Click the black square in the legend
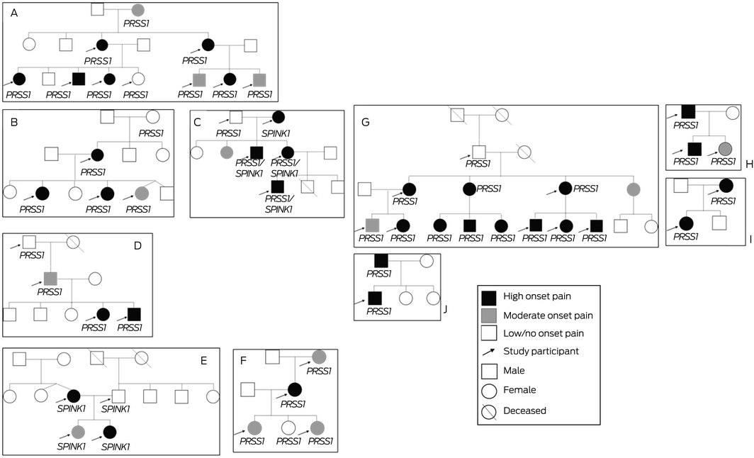tap(489, 296)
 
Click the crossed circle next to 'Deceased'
tap(489, 410)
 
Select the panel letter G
tap(366, 123)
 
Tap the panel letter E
tap(203, 360)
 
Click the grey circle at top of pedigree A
tap(138, 10)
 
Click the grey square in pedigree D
tap(50, 278)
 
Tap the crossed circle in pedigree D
tap(73, 242)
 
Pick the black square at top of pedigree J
tap(381, 261)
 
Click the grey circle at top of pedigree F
tap(319, 356)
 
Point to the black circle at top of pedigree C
tap(278, 117)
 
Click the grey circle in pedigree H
tap(724, 148)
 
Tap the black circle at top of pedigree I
tap(725, 186)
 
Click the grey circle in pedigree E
tap(79, 431)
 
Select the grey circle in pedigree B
tap(142, 191)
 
